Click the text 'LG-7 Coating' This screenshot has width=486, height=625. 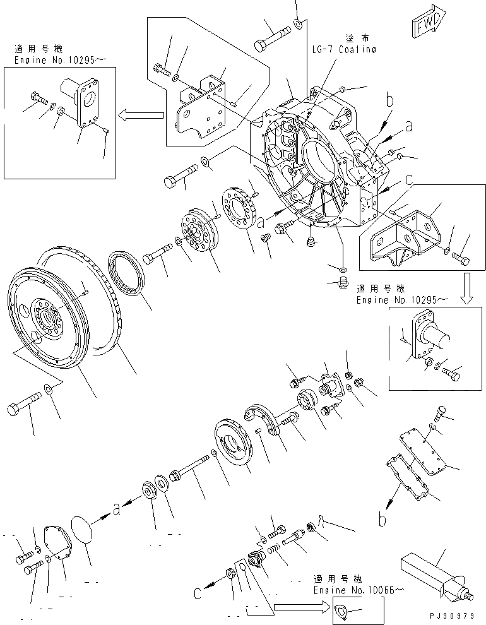coord(344,49)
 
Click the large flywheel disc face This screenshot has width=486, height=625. coord(47,316)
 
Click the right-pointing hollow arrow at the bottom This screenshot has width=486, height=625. coord(300,608)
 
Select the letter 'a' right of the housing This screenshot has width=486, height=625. coord(409,126)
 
